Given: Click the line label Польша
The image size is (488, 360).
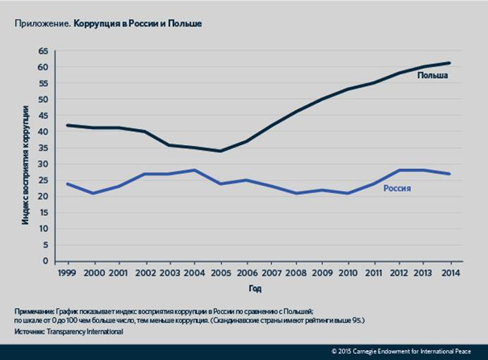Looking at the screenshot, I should pyautogui.click(x=432, y=76).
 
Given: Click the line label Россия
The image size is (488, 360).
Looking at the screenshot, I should pyautogui.click(x=397, y=189).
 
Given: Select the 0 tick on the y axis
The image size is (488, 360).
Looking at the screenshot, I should pyautogui.click(x=44, y=261).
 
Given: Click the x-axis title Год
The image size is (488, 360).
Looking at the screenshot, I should pyautogui.click(x=255, y=289).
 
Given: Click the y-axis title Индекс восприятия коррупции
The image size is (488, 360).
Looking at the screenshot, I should pyautogui.click(x=25, y=164).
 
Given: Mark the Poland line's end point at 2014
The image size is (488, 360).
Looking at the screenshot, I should pyautogui.click(x=449, y=63).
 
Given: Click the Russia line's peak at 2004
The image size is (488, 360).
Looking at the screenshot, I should pyautogui.click(x=195, y=170).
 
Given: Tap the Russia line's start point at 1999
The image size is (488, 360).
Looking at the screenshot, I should pyautogui.click(x=68, y=184).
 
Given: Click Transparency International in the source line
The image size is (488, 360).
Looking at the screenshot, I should pyautogui.click(x=82, y=332).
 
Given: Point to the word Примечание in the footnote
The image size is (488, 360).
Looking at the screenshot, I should pyautogui.click(x=33, y=311).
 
